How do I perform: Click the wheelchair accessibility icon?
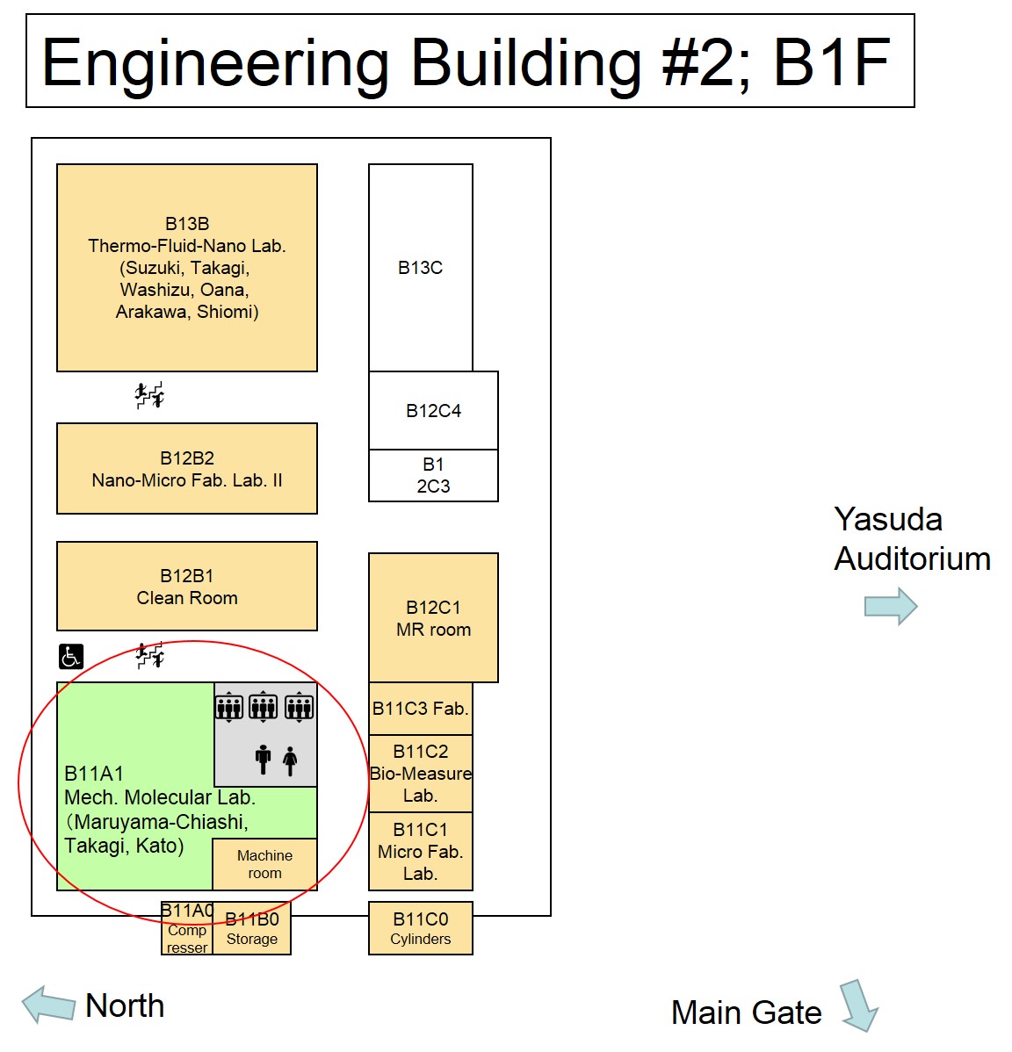[x=71, y=656]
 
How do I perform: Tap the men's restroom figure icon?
[x=263, y=760]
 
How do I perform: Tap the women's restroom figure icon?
[x=290, y=760]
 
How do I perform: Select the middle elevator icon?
[x=264, y=706]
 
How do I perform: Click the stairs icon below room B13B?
[x=149, y=396]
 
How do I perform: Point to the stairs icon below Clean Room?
[x=150, y=655]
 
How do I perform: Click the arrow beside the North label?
[x=49, y=1005]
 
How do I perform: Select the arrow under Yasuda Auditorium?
[x=891, y=606]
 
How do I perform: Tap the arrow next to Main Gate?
[x=858, y=1005]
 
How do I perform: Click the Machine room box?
[x=264, y=864]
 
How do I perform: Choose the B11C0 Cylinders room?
[x=420, y=928]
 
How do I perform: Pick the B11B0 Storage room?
[x=252, y=929]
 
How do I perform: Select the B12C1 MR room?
[x=433, y=617]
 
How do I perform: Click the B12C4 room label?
[x=433, y=410]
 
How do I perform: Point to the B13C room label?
[x=420, y=268]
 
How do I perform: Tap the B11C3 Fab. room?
[x=420, y=709]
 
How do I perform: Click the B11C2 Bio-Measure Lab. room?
[x=420, y=774]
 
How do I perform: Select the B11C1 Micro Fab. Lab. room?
[x=420, y=851]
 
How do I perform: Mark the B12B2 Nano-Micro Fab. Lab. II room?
[x=186, y=469]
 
